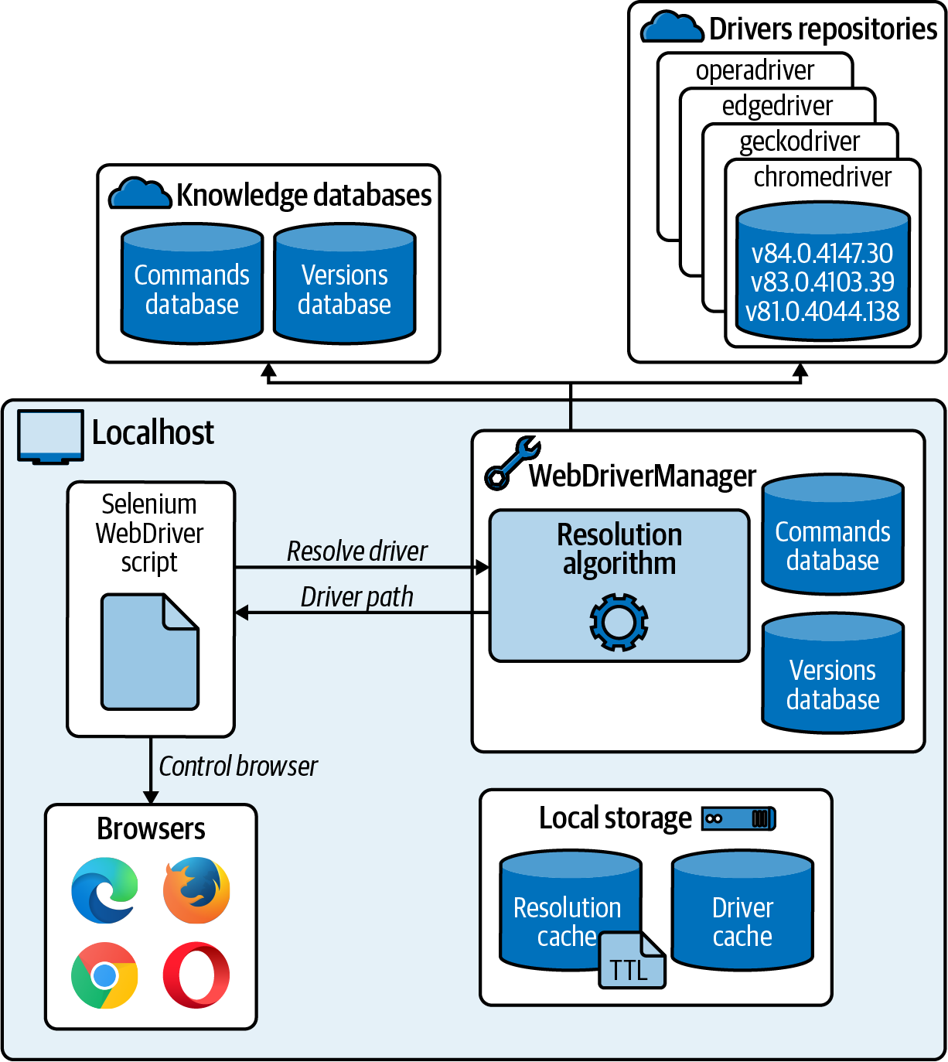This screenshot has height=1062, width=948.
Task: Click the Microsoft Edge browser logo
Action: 104,890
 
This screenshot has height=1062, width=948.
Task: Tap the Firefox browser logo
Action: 196,890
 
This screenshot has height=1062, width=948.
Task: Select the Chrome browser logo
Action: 104,975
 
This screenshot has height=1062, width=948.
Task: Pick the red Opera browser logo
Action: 196,975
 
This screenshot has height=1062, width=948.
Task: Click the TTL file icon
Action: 632,961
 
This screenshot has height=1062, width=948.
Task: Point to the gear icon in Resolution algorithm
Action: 619,622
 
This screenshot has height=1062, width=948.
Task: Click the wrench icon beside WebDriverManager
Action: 511,463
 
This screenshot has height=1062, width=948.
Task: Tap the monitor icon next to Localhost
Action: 50,436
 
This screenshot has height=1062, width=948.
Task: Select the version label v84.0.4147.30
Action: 822,253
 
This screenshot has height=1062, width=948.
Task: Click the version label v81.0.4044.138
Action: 822,312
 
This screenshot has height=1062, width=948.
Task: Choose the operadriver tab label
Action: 755,70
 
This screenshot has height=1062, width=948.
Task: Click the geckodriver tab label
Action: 800,142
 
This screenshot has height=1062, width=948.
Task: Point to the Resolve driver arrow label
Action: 356,551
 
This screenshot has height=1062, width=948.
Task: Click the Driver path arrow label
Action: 356,597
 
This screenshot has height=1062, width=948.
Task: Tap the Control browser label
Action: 238,767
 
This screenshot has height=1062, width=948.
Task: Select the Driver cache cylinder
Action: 742,910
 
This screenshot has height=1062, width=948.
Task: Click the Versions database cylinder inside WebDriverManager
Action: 833,673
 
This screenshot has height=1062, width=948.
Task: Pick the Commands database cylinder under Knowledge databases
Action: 192,284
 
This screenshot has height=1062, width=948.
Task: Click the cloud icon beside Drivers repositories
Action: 672,28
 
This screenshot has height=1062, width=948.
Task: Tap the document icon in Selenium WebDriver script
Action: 150,651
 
